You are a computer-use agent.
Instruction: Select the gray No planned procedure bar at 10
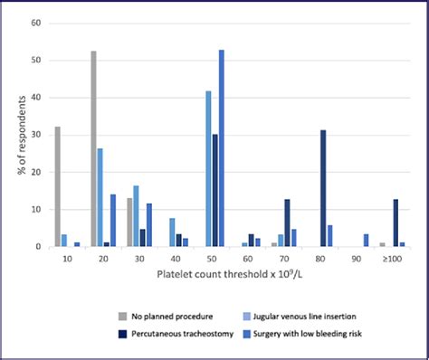click(58, 186)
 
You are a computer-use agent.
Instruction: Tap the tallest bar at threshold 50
click(222, 148)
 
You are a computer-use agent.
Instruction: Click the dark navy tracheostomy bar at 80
click(324, 188)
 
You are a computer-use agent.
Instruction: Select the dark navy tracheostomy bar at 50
click(214, 191)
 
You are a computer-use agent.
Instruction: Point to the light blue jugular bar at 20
click(100, 197)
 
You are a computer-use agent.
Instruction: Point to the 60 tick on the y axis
click(35, 24)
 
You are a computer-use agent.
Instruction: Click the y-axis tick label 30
click(35, 135)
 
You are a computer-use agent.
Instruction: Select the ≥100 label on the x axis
click(392, 259)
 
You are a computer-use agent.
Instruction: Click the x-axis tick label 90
click(357, 259)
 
